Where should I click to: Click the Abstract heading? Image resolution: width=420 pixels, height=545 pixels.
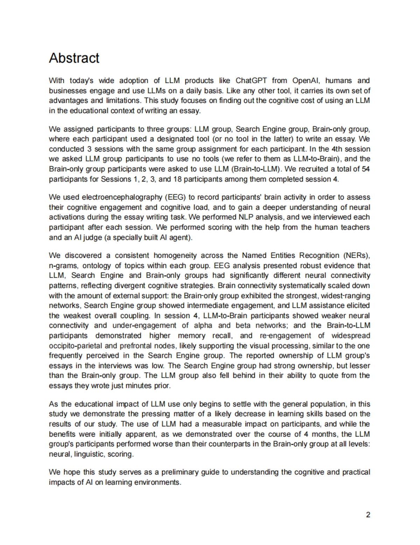tap(74, 58)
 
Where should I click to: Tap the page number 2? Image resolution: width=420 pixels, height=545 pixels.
tap(368, 515)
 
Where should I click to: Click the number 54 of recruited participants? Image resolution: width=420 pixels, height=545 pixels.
tap(366, 169)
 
